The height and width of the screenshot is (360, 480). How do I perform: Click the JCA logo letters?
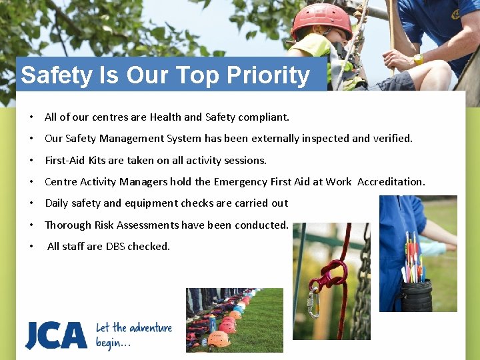pyautogui.click(x=56, y=335)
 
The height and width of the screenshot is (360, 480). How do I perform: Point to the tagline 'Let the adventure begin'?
pyautogui.click(x=133, y=335)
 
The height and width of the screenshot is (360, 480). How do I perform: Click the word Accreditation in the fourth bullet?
pyautogui.click(x=391, y=181)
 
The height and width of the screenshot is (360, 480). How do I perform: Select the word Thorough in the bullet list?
pyautogui.click(x=65, y=225)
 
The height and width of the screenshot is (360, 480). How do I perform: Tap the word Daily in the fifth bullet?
pyautogui.click(x=57, y=203)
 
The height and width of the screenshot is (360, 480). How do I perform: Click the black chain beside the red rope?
pyautogui.click(x=363, y=280)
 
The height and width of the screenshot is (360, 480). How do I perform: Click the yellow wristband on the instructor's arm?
pyautogui.click(x=418, y=59)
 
